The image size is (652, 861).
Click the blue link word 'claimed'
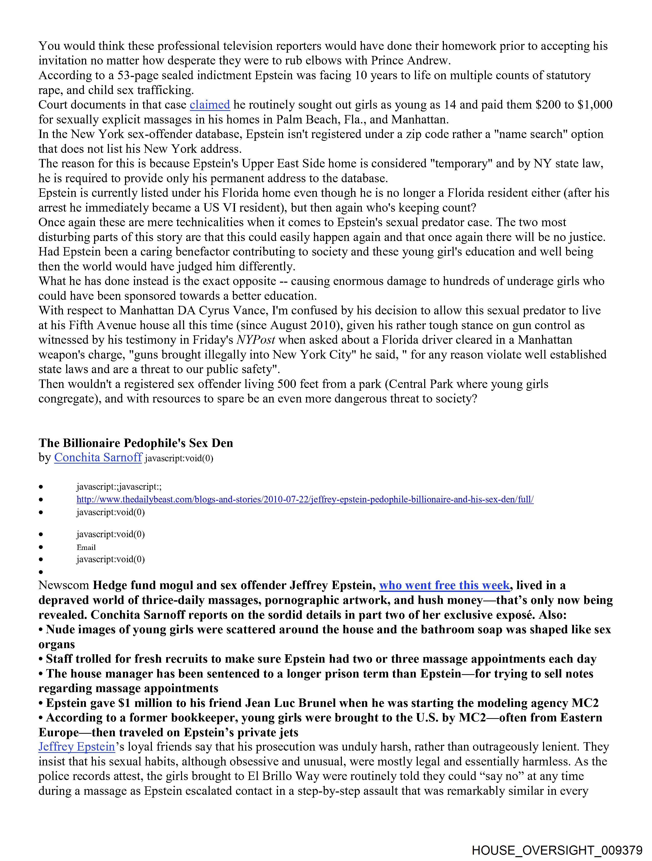click(210, 105)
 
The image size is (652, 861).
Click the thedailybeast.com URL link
click(305, 499)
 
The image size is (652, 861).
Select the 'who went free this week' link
click(444, 586)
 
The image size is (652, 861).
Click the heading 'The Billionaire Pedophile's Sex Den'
click(136, 443)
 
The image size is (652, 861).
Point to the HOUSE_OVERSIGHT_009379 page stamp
click(557, 850)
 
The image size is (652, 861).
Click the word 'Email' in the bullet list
click(86, 547)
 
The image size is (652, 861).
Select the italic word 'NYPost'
click(256, 340)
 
